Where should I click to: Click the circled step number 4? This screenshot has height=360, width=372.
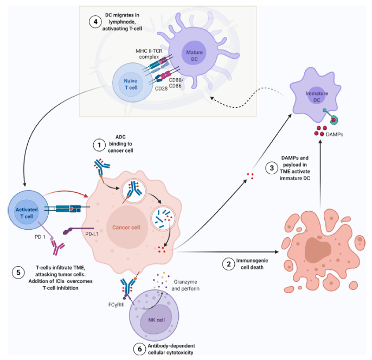(95, 23)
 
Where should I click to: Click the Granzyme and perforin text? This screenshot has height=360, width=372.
(188, 286)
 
